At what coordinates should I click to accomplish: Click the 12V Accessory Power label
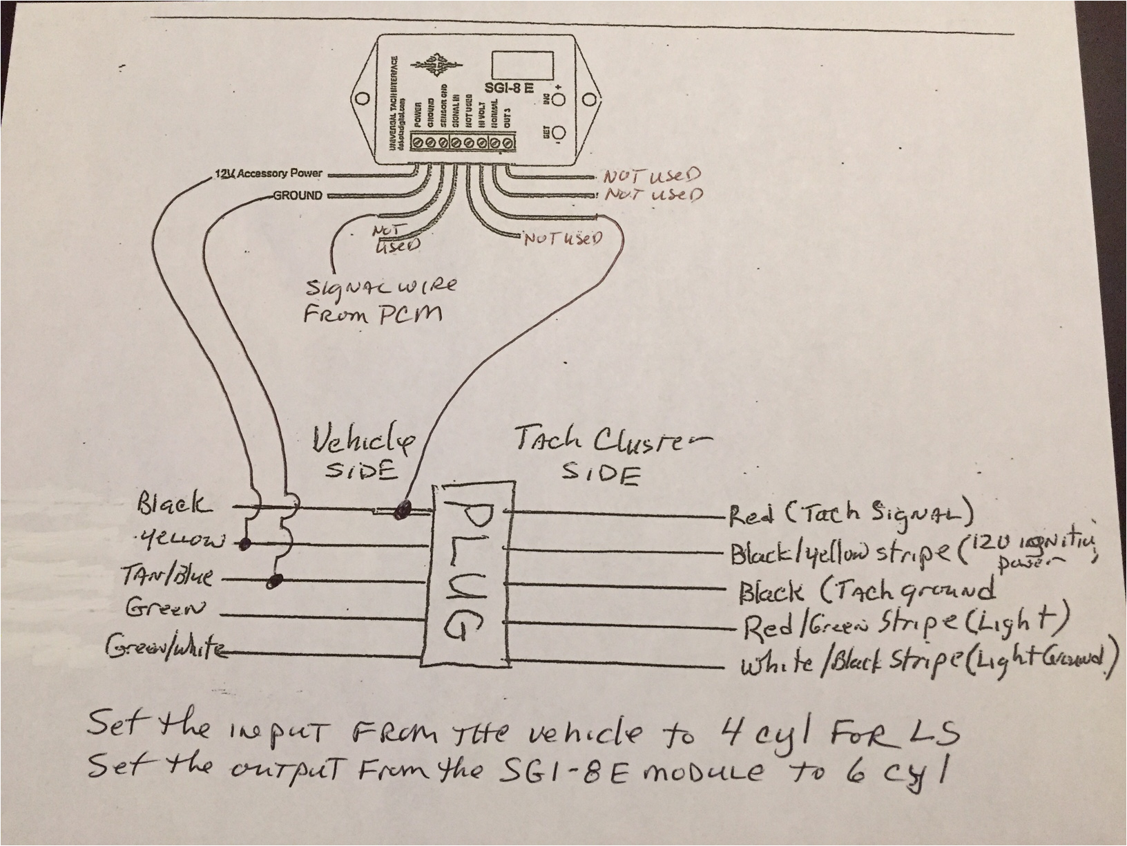tap(268, 173)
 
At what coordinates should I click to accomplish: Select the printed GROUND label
tap(298, 196)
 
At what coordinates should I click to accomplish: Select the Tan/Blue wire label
tap(166, 576)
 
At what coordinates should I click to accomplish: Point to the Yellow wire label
tap(181, 540)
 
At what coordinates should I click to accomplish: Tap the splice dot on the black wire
tap(400, 511)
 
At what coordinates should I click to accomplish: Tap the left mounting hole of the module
tap(360, 100)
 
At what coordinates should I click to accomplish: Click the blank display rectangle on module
tap(522, 65)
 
